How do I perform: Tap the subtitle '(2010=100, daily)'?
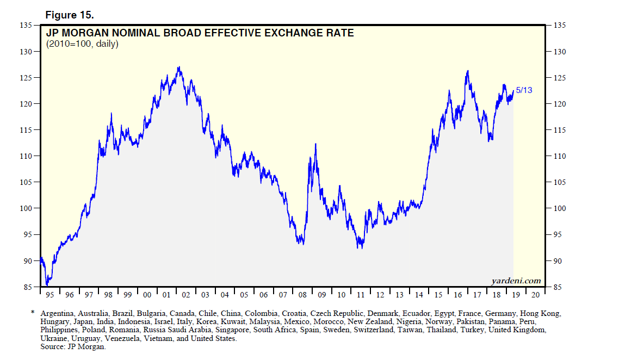(x=82, y=44)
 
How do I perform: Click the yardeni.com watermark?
(x=516, y=281)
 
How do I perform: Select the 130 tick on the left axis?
(x=27, y=52)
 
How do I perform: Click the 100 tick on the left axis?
(x=27, y=208)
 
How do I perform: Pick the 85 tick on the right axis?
(x=559, y=287)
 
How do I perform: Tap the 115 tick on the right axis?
(x=560, y=130)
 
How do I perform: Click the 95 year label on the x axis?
(x=49, y=295)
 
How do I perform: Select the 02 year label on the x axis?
(x=186, y=295)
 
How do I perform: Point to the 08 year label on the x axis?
(x=302, y=295)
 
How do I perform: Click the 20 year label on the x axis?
(x=535, y=295)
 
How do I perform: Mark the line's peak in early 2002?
(x=179, y=67)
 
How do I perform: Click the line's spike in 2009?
(x=315, y=144)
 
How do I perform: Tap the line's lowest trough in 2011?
(x=359, y=248)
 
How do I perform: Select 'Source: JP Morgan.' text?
(x=73, y=346)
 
